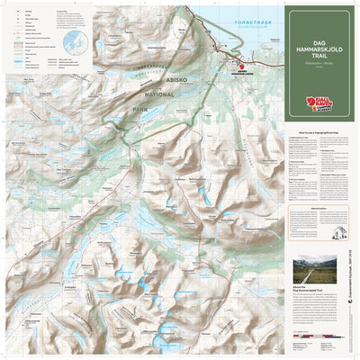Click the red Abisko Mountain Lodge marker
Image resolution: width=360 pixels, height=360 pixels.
tap(229, 67)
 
